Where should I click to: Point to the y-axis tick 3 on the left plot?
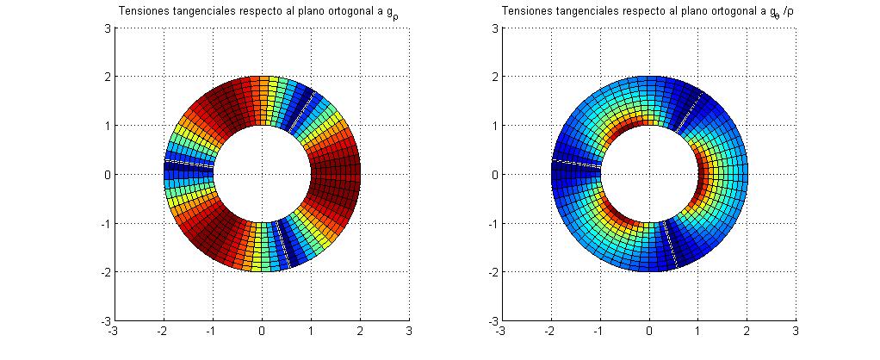(108, 28)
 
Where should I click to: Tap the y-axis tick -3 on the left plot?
(105, 320)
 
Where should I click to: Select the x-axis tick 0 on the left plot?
(262, 330)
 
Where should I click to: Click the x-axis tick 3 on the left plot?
(409, 330)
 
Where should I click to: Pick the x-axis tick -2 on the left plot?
(162, 330)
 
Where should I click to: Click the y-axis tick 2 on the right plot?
(494, 77)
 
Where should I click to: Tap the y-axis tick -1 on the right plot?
(493, 223)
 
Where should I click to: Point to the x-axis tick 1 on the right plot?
(698, 330)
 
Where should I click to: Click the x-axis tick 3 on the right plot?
(796, 330)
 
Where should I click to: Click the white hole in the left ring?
(262, 174)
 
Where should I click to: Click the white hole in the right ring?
(649, 174)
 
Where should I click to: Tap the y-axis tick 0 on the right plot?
(494, 174)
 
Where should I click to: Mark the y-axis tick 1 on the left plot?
(108, 126)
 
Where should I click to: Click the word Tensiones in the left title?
(139, 11)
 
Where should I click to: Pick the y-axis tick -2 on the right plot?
(493, 272)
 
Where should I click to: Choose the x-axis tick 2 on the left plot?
(360, 330)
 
